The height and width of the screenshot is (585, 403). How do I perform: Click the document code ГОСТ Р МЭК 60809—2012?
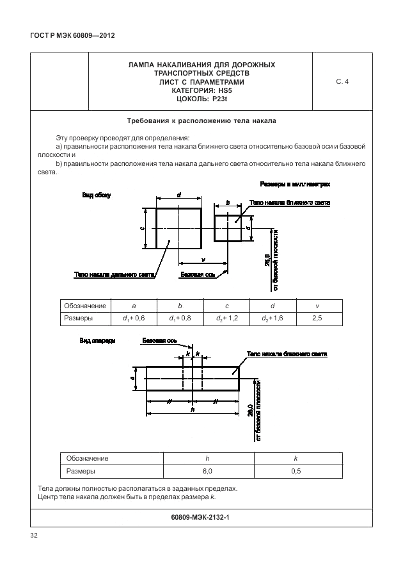67,36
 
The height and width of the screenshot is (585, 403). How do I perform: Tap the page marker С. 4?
342,82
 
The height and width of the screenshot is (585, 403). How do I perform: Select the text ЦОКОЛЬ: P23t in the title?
201,99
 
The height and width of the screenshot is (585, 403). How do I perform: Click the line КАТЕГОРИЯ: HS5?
201,91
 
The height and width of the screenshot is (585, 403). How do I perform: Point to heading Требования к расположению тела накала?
201,120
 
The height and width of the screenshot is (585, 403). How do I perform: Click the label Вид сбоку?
96,195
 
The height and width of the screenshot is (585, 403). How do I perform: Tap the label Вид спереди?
97,341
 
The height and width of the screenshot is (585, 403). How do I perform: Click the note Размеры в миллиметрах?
295,184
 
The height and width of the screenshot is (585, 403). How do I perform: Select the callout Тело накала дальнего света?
115,274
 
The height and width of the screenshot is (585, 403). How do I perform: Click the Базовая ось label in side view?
196,274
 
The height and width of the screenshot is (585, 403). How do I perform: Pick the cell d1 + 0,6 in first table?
134,318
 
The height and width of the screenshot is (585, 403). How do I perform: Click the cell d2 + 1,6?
273,318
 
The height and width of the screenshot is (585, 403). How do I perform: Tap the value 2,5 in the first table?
318,318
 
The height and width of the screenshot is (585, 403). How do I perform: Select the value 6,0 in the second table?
207,471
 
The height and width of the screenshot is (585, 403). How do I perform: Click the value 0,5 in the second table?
296,471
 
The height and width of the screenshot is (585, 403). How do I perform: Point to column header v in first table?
318,306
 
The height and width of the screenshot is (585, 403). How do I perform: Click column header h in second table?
207,458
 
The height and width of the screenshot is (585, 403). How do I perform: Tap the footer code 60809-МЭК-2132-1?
201,517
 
